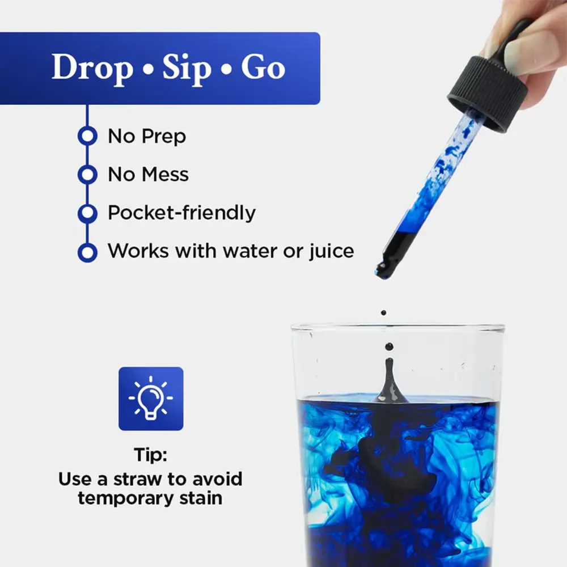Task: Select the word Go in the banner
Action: (263, 68)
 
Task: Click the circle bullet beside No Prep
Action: (87, 137)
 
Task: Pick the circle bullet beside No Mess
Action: (87, 175)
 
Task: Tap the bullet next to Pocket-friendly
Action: (87, 213)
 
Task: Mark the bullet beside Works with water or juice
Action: (87, 251)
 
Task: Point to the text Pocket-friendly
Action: (181, 213)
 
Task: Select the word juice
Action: (329, 251)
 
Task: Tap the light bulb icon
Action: (151, 399)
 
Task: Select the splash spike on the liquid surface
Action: (390, 380)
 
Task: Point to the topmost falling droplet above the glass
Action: (384, 312)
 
